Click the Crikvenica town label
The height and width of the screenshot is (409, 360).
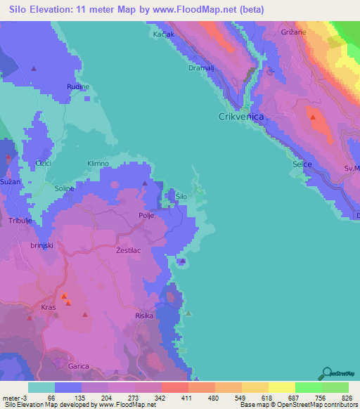[241, 117]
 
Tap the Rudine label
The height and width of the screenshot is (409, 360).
[77, 86]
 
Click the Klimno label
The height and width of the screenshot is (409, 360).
[98, 164]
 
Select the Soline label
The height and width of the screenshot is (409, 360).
[65, 188]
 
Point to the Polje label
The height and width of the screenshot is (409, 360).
[146, 216]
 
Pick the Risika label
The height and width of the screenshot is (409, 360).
[144, 316]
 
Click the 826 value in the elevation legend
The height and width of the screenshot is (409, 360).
[343, 398]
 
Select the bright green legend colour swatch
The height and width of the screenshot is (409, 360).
[308, 387]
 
